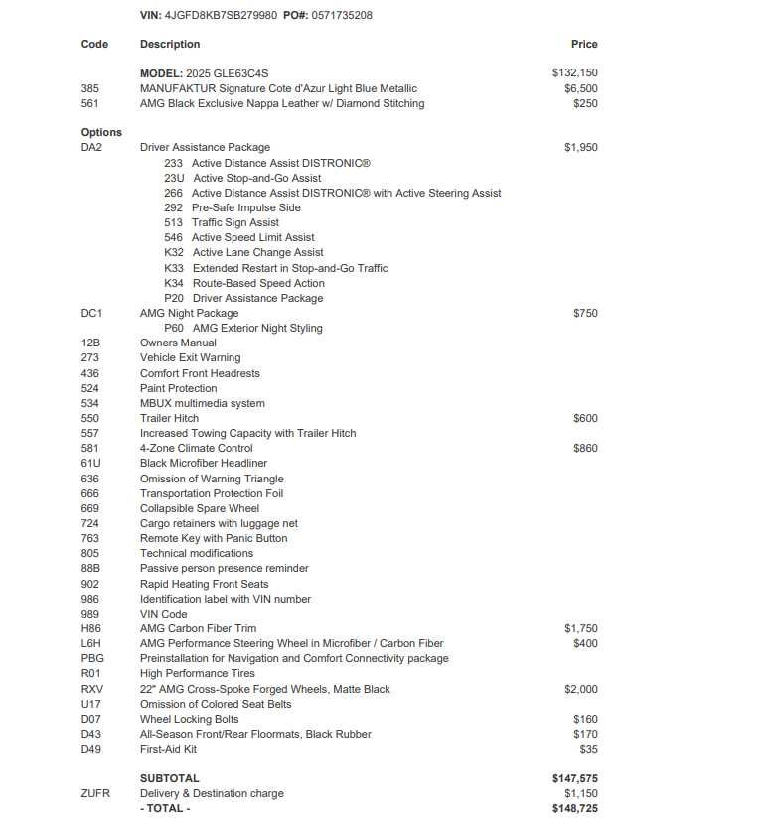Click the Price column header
(x=584, y=44)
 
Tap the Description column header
(x=170, y=44)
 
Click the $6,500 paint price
(x=580, y=88)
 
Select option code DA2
(x=91, y=147)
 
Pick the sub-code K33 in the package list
(x=174, y=268)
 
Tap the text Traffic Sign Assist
(x=235, y=222)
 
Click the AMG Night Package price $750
(x=585, y=313)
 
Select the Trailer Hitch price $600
(x=585, y=418)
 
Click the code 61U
(x=90, y=463)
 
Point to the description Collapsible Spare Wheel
(x=200, y=508)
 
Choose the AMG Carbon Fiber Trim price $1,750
(x=580, y=628)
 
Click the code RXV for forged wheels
(x=91, y=689)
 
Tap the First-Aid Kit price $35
(x=588, y=749)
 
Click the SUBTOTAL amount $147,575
(x=574, y=779)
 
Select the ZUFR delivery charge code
(x=94, y=794)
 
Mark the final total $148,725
(x=574, y=809)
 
